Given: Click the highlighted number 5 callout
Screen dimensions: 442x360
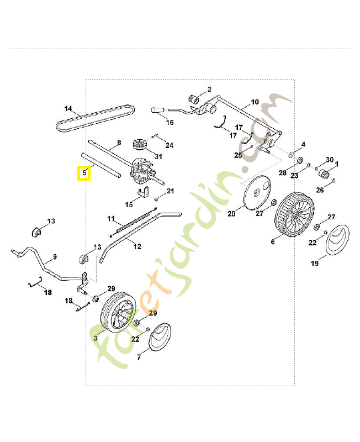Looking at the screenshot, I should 84,173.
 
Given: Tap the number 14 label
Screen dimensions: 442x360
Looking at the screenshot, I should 68,108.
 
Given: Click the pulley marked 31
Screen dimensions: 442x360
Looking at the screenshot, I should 139,146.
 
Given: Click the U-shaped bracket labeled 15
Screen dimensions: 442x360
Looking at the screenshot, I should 145,193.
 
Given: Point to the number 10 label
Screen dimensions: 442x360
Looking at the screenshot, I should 255,102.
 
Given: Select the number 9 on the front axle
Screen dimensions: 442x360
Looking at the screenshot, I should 54,257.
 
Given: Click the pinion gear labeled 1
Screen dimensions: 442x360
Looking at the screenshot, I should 325,175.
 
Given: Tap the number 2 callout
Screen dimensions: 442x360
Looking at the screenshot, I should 209,89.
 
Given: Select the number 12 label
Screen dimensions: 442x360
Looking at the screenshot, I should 137,246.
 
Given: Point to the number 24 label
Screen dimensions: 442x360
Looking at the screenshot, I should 170,145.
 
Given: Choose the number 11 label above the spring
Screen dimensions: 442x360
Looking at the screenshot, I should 110,218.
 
